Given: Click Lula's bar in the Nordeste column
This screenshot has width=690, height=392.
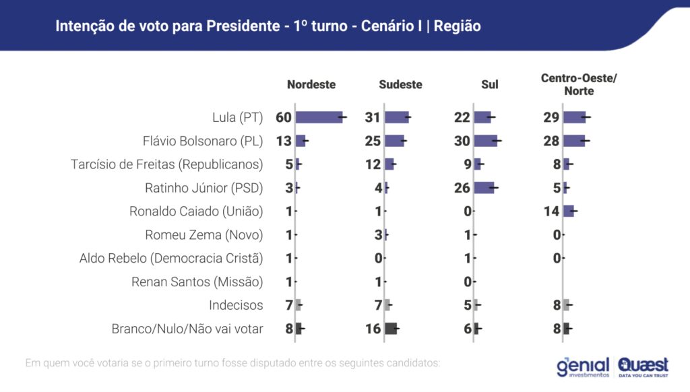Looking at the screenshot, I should [x=319, y=117].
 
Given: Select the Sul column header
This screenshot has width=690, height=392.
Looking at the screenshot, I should [x=490, y=85].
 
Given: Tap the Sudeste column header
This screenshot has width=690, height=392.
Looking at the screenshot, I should [x=400, y=85].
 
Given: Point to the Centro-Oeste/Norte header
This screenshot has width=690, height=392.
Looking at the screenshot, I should [x=579, y=85].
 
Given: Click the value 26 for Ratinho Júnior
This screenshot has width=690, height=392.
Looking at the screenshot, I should [x=462, y=188].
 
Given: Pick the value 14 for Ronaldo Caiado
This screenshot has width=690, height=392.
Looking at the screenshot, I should [x=552, y=211].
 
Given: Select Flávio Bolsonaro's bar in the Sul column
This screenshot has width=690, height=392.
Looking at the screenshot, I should [x=485, y=141].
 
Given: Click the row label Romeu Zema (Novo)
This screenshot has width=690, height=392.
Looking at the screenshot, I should [x=204, y=235].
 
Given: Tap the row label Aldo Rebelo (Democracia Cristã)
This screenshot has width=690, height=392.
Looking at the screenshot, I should [x=171, y=259].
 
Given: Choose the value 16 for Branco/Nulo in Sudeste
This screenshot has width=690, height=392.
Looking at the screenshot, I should [x=373, y=329].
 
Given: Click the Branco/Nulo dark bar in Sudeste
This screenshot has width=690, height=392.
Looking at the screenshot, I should [x=391, y=329].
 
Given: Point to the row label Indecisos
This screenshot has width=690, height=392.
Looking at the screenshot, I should [x=236, y=305].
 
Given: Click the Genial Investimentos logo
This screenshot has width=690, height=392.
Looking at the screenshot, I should [x=583, y=366].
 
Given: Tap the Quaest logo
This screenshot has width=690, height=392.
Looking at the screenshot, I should [x=644, y=366].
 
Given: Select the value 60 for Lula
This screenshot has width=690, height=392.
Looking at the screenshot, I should [x=284, y=117].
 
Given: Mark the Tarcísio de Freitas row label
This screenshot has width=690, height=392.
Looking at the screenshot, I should [x=167, y=164].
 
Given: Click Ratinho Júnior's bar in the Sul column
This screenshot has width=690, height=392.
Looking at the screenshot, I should [x=484, y=188].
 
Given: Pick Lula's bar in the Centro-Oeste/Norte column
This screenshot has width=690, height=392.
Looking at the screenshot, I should [x=574, y=117].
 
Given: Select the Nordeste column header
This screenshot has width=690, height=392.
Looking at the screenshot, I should [x=311, y=85].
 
